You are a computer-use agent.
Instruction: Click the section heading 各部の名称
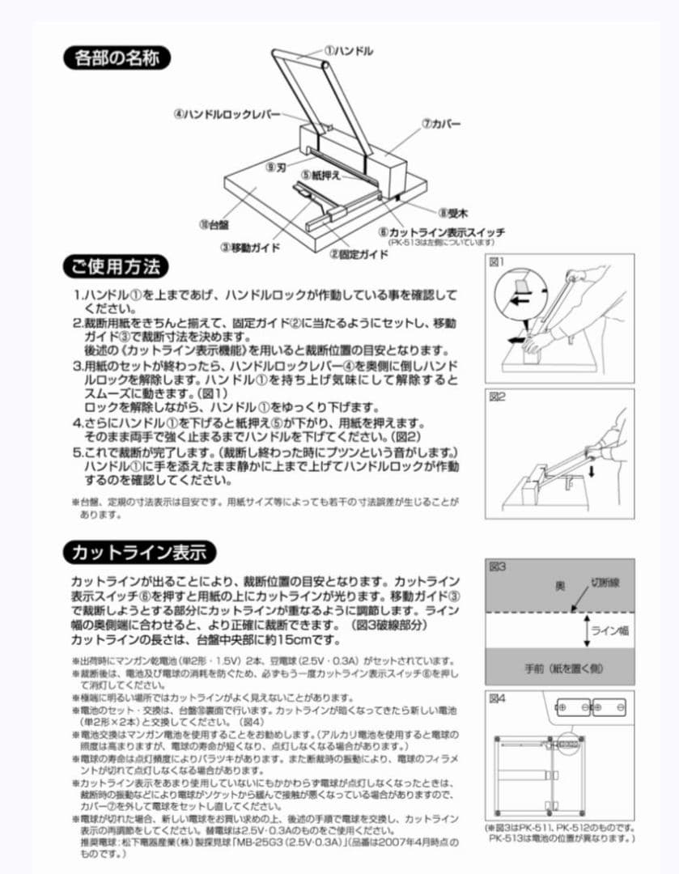(x=117, y=58)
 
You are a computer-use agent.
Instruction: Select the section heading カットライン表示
(x=139, y=553)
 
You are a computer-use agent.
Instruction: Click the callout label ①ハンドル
(x=349, y=50)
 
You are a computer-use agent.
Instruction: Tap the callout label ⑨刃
(x=276, y=167)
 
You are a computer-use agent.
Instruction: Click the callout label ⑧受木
(x=453, y=213)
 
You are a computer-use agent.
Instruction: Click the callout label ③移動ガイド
(x=250, y=247)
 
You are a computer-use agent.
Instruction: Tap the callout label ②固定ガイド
(x=359, y=253)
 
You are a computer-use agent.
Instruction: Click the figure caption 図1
(x=497, y=262)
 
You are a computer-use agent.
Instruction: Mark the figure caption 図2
(x=497, y=397)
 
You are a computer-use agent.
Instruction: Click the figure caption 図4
(x=497, y=698)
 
